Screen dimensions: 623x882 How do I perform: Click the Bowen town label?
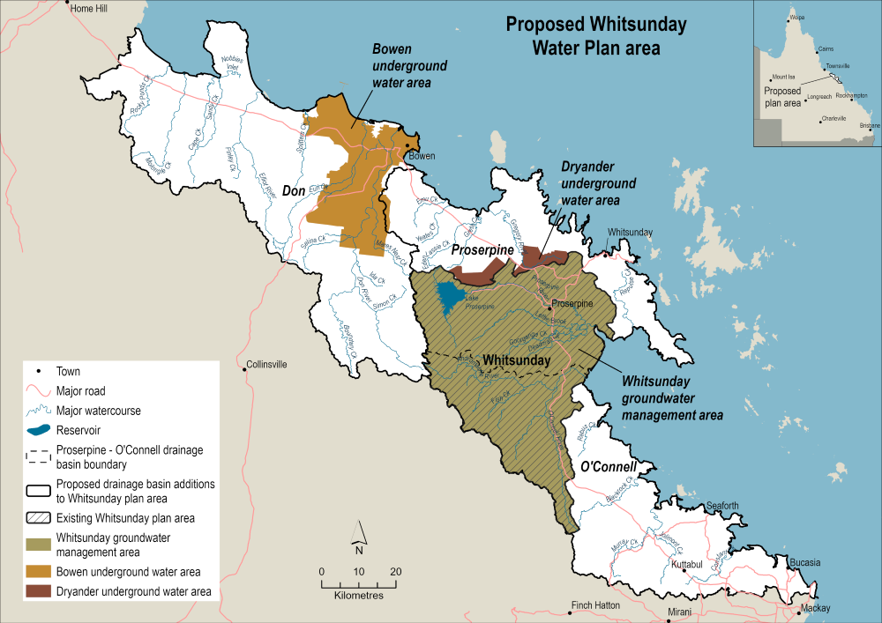click(x=422, y=156)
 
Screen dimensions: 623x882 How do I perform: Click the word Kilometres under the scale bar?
click(x=359, y=597)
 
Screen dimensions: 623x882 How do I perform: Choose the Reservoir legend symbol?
click(x=38, y=430)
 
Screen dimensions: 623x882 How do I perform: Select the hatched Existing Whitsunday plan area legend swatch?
click(x=38, y=518)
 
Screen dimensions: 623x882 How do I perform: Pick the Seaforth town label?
click(x=722, y=505)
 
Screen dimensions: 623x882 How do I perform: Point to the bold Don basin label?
click(x=297, y=189)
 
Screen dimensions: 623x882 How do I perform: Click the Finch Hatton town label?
click(x=595, y=605)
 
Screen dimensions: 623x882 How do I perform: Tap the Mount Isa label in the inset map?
click(x=784, y=77)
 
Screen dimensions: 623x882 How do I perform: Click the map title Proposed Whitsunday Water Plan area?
click(x=582, y=35)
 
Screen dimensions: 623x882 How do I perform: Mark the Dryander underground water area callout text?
click(x=598, y=184)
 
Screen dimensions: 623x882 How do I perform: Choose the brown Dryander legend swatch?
click(x=38, y=591)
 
